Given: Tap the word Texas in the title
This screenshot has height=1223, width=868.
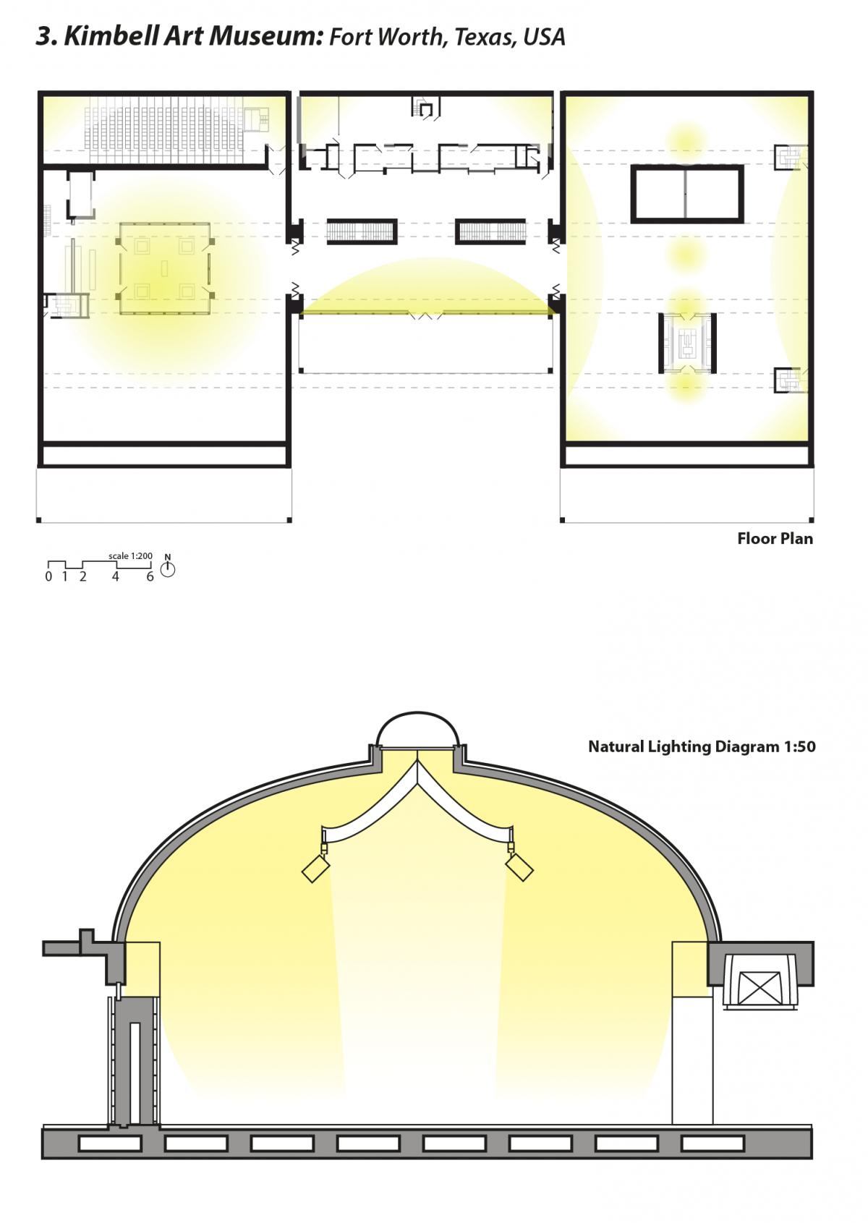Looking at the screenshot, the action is (x=484, y=37).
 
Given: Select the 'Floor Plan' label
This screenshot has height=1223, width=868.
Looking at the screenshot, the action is (x=775, y=538).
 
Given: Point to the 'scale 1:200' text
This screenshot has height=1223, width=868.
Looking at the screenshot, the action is (x=130, y=555).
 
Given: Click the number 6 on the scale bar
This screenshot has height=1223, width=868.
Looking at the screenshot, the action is (x=150, y=576).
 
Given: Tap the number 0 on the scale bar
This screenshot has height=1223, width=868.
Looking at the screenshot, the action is (x=48, y=576).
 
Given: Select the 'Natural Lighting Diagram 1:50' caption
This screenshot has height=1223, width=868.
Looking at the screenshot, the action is (x=702, y=746).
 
